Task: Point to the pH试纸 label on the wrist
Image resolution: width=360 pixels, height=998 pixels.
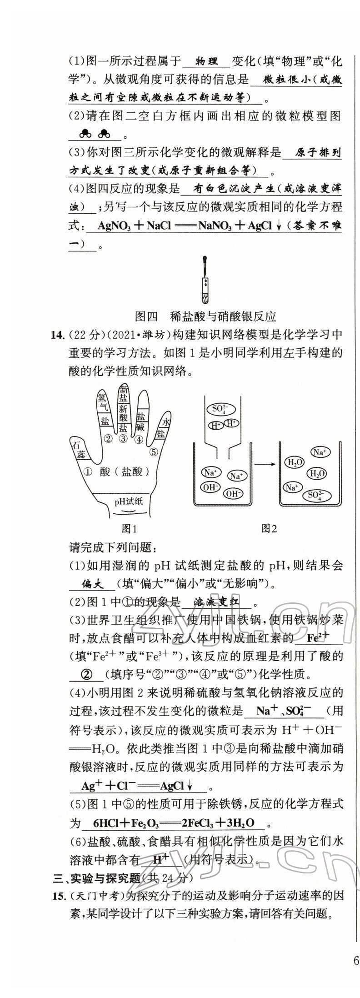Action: [129, 502]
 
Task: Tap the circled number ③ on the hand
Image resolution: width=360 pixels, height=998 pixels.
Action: [123, 439]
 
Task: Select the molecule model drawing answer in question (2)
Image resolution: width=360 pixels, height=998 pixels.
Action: [95, 134]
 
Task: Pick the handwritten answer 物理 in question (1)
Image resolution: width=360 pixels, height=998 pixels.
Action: [206, 61]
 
